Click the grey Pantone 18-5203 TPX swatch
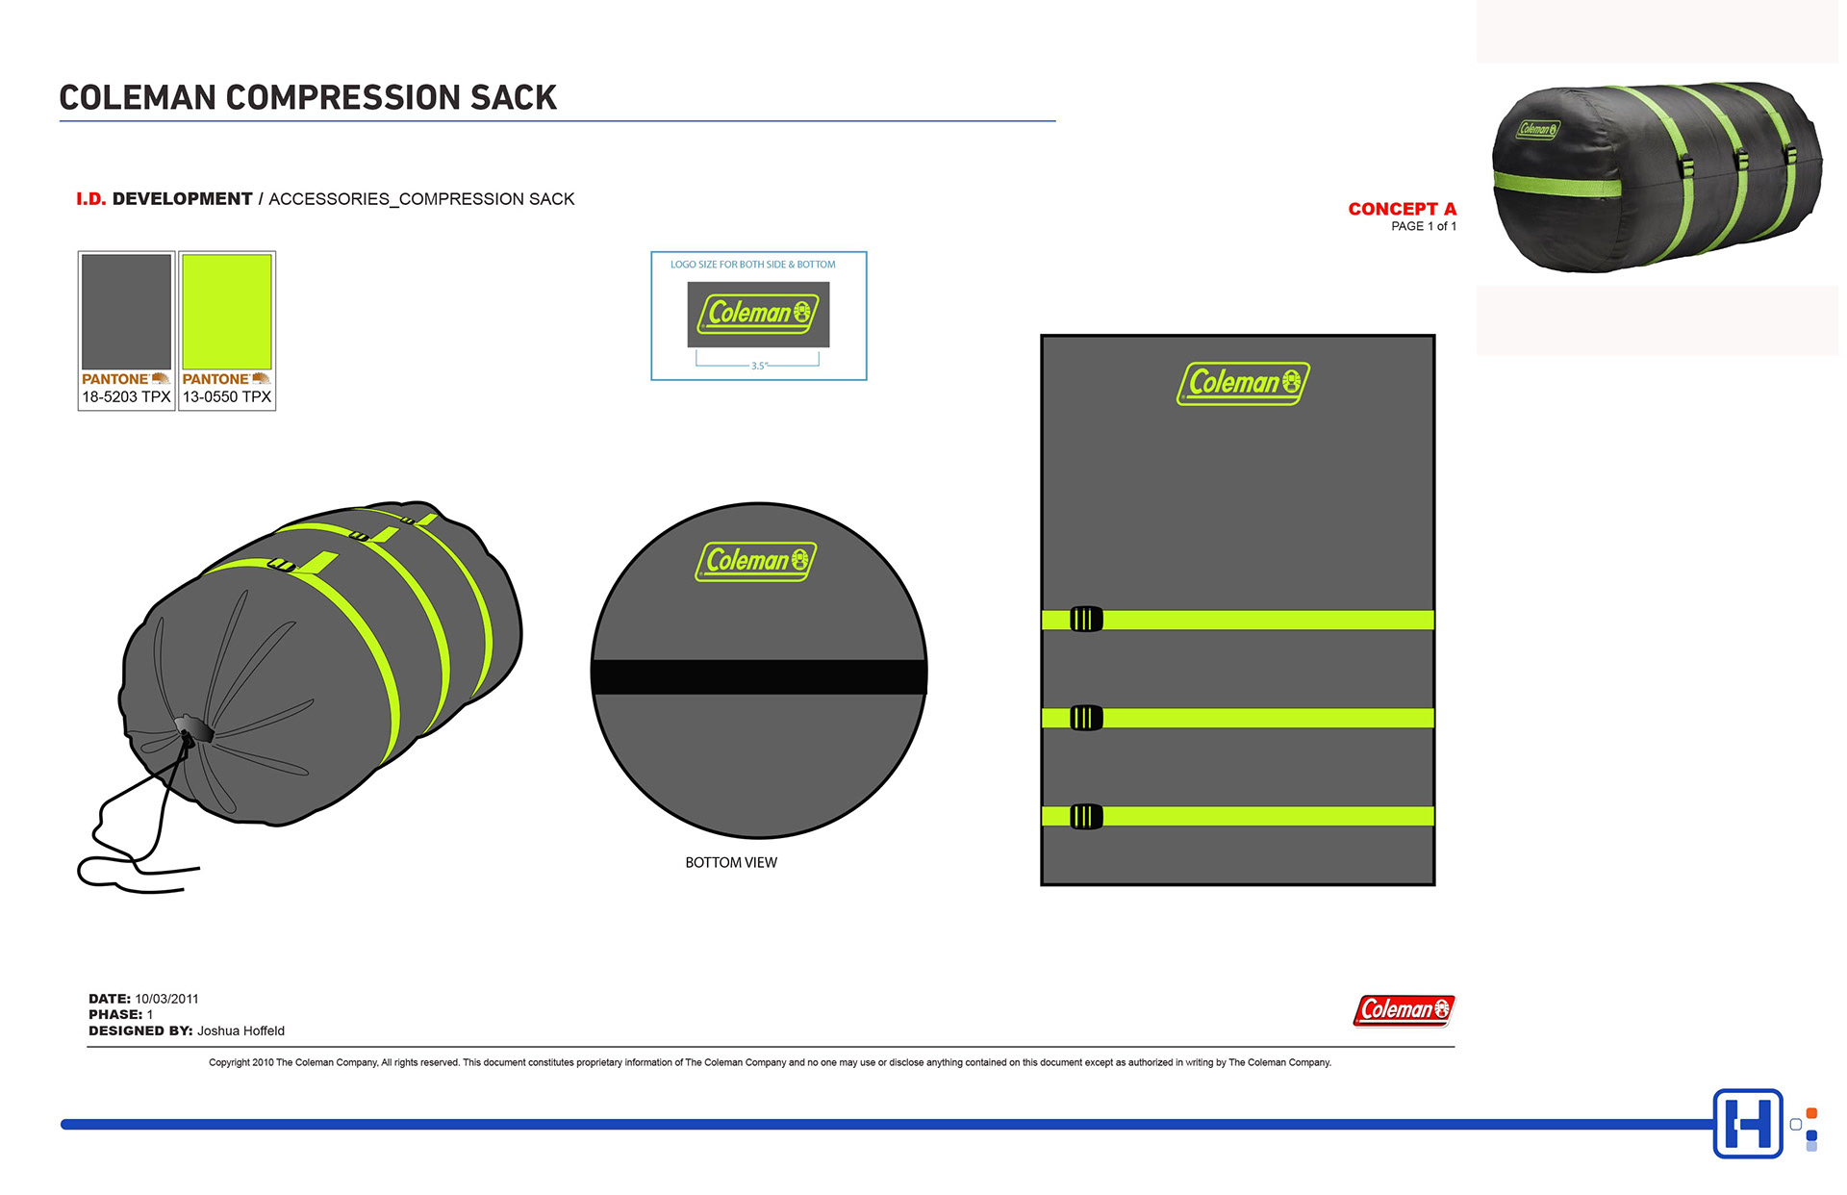click(126, 312)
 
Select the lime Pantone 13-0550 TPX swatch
click(227, 312)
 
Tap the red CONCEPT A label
click(1402, 209)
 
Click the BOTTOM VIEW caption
click(731, 863)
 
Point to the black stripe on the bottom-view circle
click(759, 676)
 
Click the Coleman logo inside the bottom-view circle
click(756, 561)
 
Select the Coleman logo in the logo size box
click(758, 314)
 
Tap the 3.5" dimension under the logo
click(759, 366)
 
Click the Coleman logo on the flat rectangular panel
click(1243, 383)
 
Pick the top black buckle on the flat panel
click(1086, 620)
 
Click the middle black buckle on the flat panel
click(1086, 718)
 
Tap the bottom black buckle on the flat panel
click(1086, 817)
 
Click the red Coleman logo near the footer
click(1404, 1009)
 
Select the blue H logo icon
click(1748, 1123)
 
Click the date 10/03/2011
click(166, 999)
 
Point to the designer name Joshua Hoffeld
click(240, 1030)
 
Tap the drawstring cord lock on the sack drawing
click(193, 729)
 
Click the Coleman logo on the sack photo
click(1538, 129)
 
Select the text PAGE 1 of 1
click(1423, 226)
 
